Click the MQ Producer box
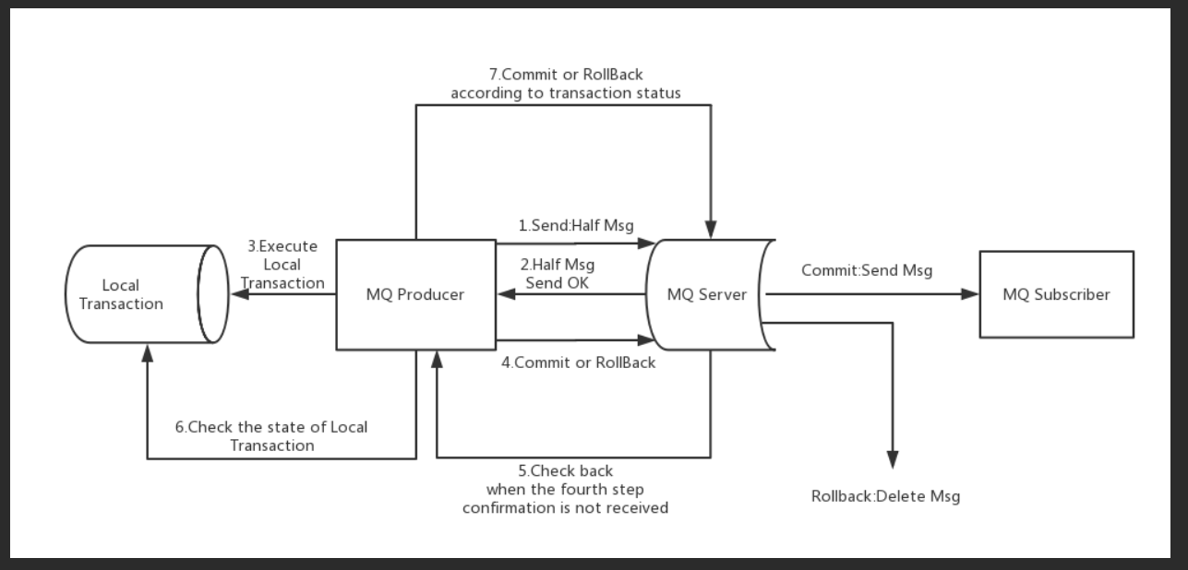[415, 295]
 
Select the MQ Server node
[707, 295]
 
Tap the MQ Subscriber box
[1056, 295]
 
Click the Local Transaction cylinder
[138, 295]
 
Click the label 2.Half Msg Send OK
[558, 274]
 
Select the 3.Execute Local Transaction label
[282, 265]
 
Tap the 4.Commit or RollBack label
[578, 362]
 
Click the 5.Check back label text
[565, 489]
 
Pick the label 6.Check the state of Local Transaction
[271, 436]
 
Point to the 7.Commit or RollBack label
[565, 84]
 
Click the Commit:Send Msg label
[866, 270]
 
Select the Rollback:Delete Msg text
[885, 496]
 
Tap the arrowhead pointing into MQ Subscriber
[970, 294]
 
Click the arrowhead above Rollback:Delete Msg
[893, 459]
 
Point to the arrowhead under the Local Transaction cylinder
[147, 352]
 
